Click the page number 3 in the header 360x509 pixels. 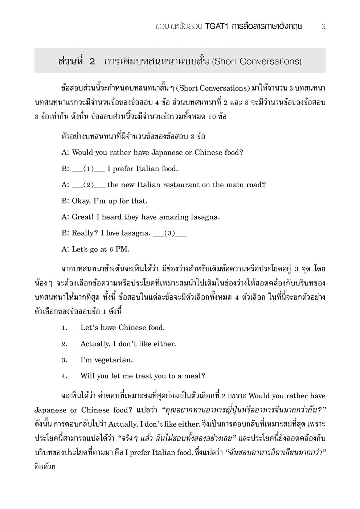pyautogui.click(x=323, y=27)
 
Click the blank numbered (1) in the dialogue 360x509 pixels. pyautogui.click(x=89, y=169)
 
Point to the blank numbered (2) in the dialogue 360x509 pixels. pyautogui.click(x=89, y=185)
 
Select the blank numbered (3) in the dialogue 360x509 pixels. pyautogui.click(x=169, y=233)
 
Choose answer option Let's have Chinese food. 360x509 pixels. pyautogui.click(x=122, y=328)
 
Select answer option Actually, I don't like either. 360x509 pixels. pyautogui.click(x=128, y=344)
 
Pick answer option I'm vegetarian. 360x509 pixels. pyautogui.click(x=106, y=360)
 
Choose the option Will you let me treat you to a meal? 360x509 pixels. pyautogui.click(x=143, y=376)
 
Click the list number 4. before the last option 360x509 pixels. pyautogui.click(x=65, y=376)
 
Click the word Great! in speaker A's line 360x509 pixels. pyautogui.click(x=83, y=217)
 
